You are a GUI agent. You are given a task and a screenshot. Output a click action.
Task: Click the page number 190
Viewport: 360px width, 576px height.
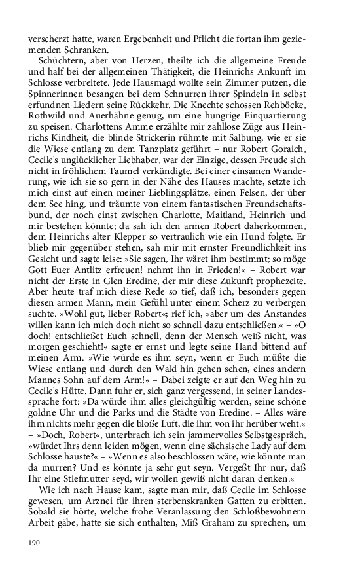(34, 542)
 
